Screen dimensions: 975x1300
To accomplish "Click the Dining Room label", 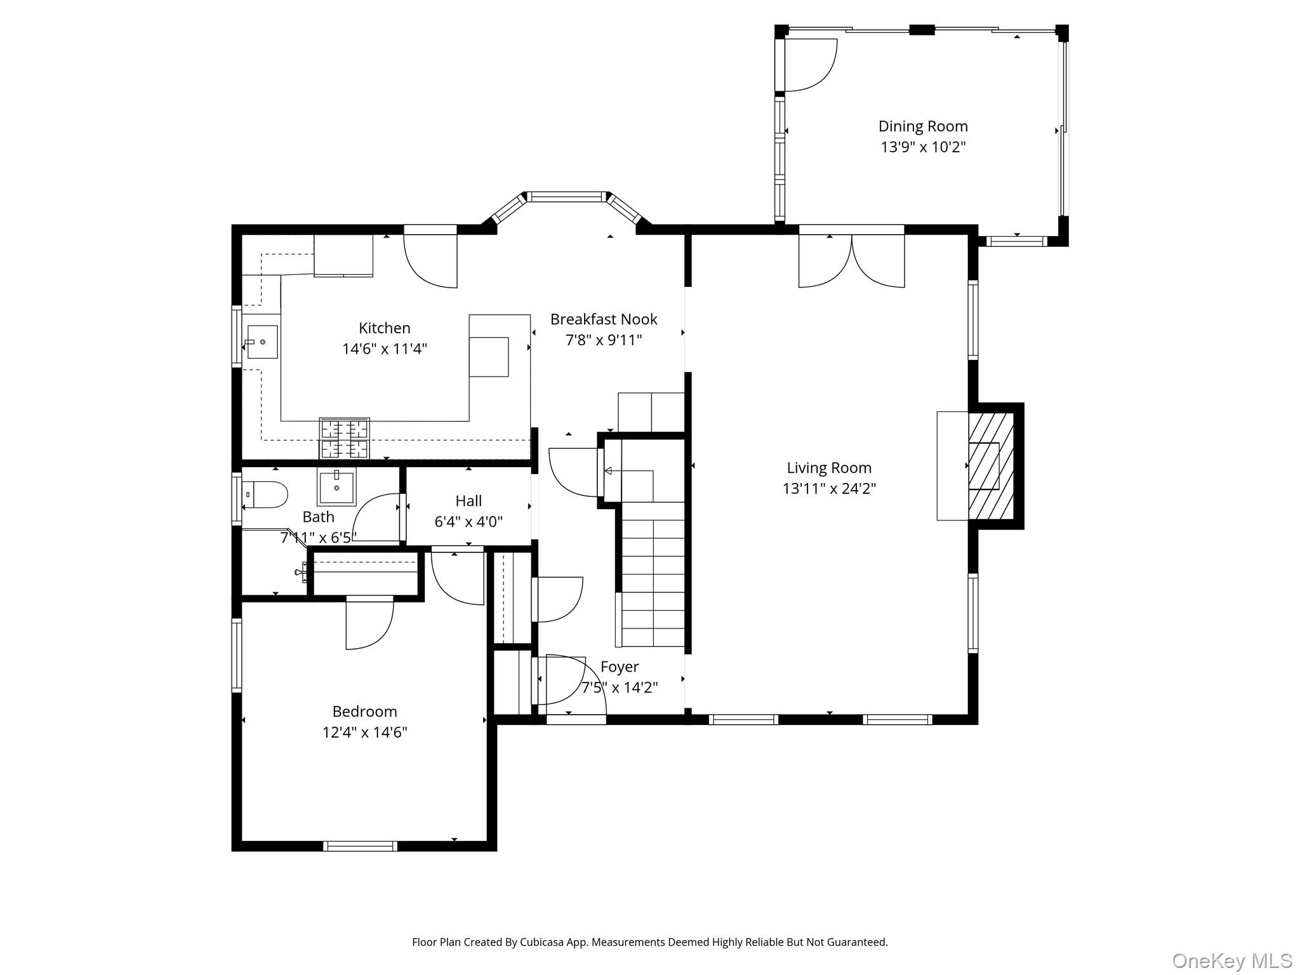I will click(922, 126).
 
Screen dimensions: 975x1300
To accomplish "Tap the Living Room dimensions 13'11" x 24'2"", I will click(829, 489).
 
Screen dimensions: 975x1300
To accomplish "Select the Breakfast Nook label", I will click(603, 319).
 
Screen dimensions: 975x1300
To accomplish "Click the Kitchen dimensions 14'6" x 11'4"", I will click(384, 349).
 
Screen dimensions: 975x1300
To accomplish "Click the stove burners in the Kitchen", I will click(344, 439).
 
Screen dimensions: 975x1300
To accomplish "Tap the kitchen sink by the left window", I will click(262, 342).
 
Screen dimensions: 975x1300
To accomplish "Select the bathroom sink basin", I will click(336, 486).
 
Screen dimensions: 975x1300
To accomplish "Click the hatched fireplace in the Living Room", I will click(990, 465).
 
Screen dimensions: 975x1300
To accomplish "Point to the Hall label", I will click(468, 501).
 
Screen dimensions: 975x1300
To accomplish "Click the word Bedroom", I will click(364, 712).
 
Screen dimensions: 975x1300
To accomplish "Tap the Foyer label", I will click(619, 667).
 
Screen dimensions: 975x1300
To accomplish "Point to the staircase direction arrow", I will click(608, 471).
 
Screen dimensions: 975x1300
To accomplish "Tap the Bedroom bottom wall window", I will click(360, 846).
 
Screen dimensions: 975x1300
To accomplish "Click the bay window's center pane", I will click(567, 197).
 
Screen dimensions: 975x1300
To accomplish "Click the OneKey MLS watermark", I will click(1231, 960).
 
